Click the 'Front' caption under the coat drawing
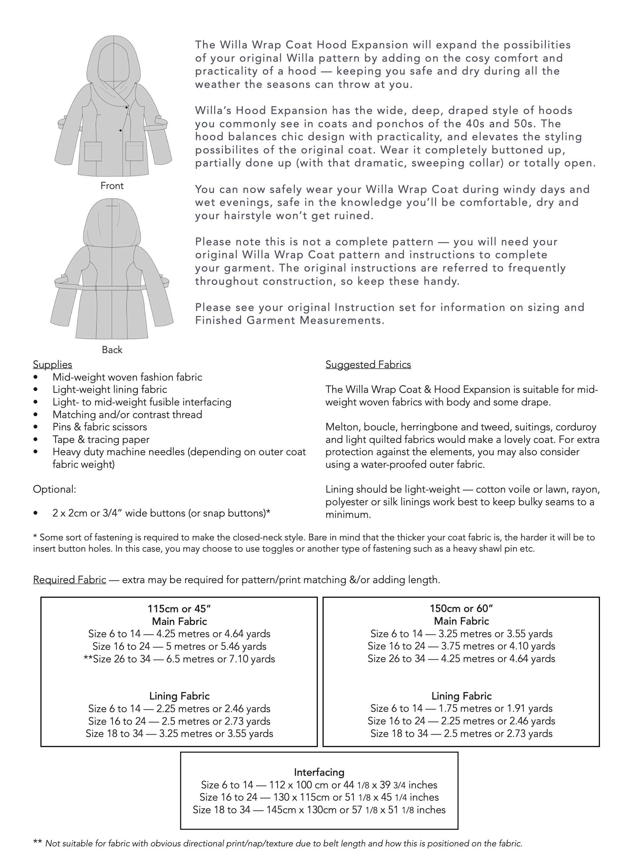(112, 186)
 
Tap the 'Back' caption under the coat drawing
(112, 350)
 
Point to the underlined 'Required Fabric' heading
(70, 579)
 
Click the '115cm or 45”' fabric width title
(179, 609)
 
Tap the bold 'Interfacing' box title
(319, 772)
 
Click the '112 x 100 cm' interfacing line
(319, 785)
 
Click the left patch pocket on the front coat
(93, 152)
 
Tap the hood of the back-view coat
(112, 224)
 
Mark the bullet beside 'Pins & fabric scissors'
(36, 427)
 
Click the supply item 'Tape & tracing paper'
(101, 439)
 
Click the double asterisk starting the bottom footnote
(37, 843)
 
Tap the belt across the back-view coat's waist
(112, 288)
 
